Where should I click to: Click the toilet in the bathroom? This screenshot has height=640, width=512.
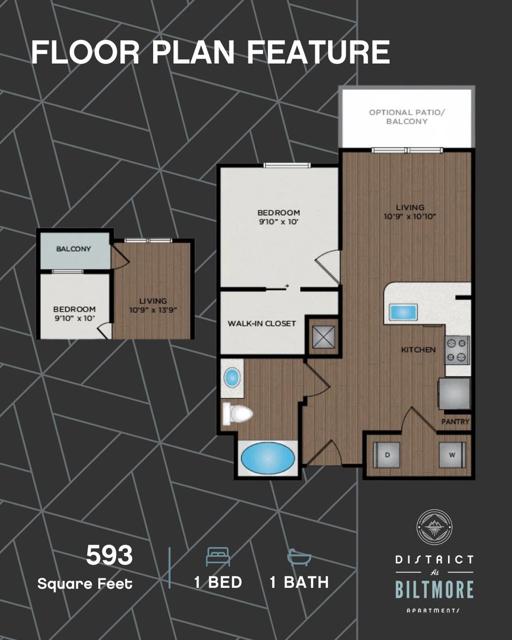237,413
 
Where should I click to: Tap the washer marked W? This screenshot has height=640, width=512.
451,455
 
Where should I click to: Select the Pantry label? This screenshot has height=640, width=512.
455,422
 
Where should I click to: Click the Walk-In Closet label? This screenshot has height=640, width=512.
261,323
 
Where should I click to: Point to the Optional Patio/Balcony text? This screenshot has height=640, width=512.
406,117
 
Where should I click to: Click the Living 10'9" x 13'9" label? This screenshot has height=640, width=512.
153,305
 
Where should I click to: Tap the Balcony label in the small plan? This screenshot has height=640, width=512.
74,249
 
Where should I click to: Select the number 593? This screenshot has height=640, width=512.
109,556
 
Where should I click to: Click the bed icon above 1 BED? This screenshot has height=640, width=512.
218,558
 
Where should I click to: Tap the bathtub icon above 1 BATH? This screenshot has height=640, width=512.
299,557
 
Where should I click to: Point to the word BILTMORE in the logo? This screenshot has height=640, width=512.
434,590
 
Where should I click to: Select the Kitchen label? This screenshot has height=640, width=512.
419,350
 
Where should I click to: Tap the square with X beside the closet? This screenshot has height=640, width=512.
324,336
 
